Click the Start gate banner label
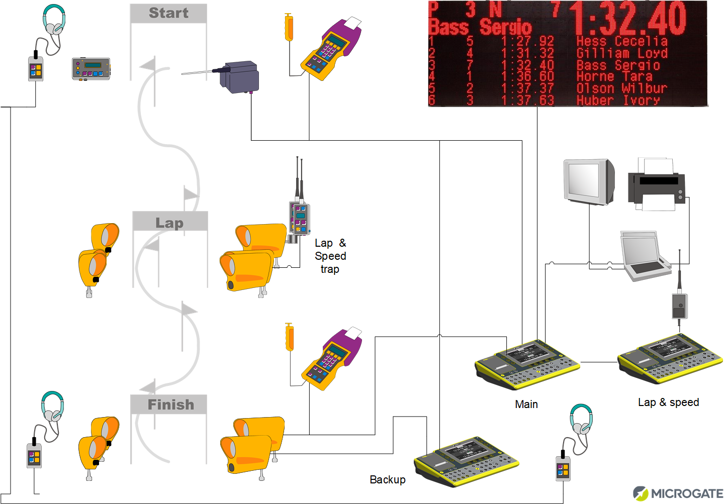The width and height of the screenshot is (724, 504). [168, 13]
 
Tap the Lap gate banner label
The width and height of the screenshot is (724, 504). [169, 223]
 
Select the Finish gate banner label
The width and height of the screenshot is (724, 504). [170, 405]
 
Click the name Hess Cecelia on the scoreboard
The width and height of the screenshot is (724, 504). [621, 41]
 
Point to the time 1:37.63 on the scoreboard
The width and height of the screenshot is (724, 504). [527, 100]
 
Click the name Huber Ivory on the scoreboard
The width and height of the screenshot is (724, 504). [618, 100]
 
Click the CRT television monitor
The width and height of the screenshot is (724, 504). [588, 181]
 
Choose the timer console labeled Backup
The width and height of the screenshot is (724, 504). [466, 462]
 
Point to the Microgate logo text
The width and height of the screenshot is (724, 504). [686, 493]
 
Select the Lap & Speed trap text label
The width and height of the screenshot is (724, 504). [330, 256]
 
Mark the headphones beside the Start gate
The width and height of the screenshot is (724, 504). [54, 20]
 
